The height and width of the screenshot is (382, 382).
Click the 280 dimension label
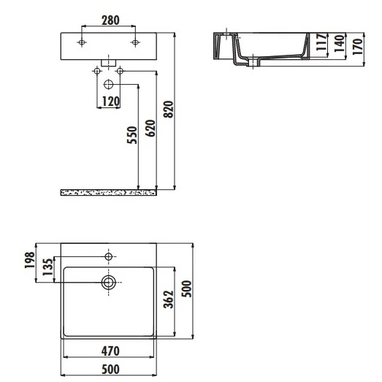point(110,20)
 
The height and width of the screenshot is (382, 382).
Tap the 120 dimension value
point(110,102)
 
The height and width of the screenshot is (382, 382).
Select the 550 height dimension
point(132,135)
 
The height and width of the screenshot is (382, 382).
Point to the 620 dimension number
point(150,129)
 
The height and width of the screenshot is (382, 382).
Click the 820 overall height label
point(168,110)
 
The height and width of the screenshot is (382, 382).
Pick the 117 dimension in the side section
point(321,42)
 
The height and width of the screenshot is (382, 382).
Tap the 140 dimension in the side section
point(340,44)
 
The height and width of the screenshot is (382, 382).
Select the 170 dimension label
point(357,47)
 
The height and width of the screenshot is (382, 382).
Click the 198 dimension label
point(30,260)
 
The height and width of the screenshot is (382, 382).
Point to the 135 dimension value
point(47,267)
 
